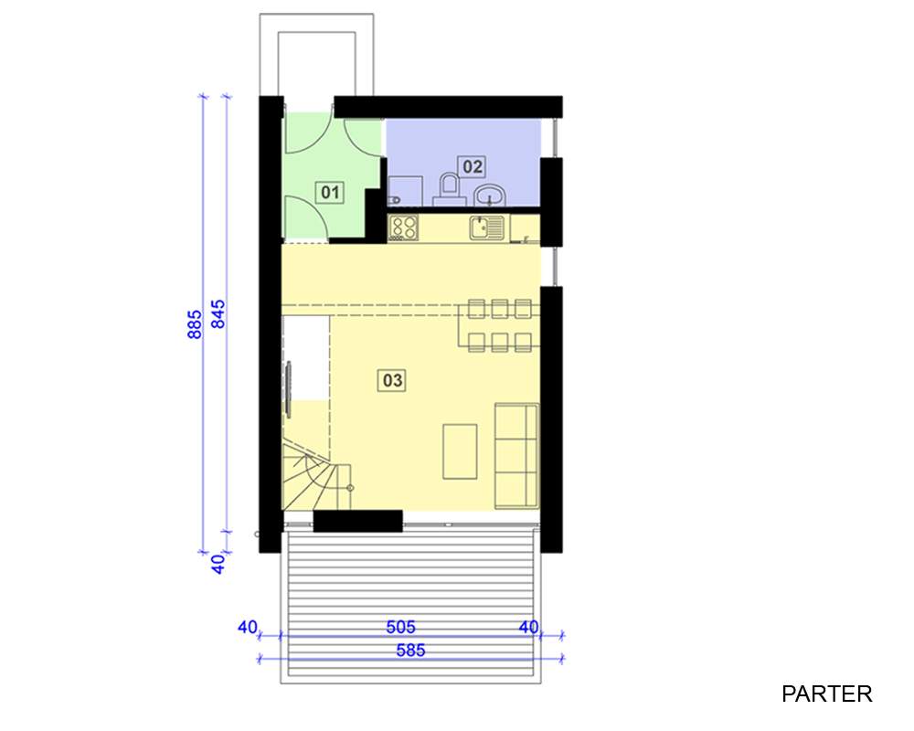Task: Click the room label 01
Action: [x=330, y=192]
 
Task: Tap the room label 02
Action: [x=473, y=166]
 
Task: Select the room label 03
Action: [x=392, y=381]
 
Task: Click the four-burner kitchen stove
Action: [x=403, y=228]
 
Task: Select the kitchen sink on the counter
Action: [x=487, y=228]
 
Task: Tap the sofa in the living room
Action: [x=516, y=455]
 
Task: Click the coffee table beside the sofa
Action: [x=460, y=451]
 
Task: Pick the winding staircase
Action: [x=316, y=477]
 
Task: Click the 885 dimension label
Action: [x=195, y=324]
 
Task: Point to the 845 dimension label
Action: [x=218, y=314]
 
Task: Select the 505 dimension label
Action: [x=401, y=627]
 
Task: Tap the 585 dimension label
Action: [x=411, y=650]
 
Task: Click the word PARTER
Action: [x=826, y=694]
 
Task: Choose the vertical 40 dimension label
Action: [x=218, y=564]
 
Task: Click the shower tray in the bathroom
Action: [x=405, y=191]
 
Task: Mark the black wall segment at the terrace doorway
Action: [x=358, y=521]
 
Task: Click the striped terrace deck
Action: [x=411, y=606]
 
